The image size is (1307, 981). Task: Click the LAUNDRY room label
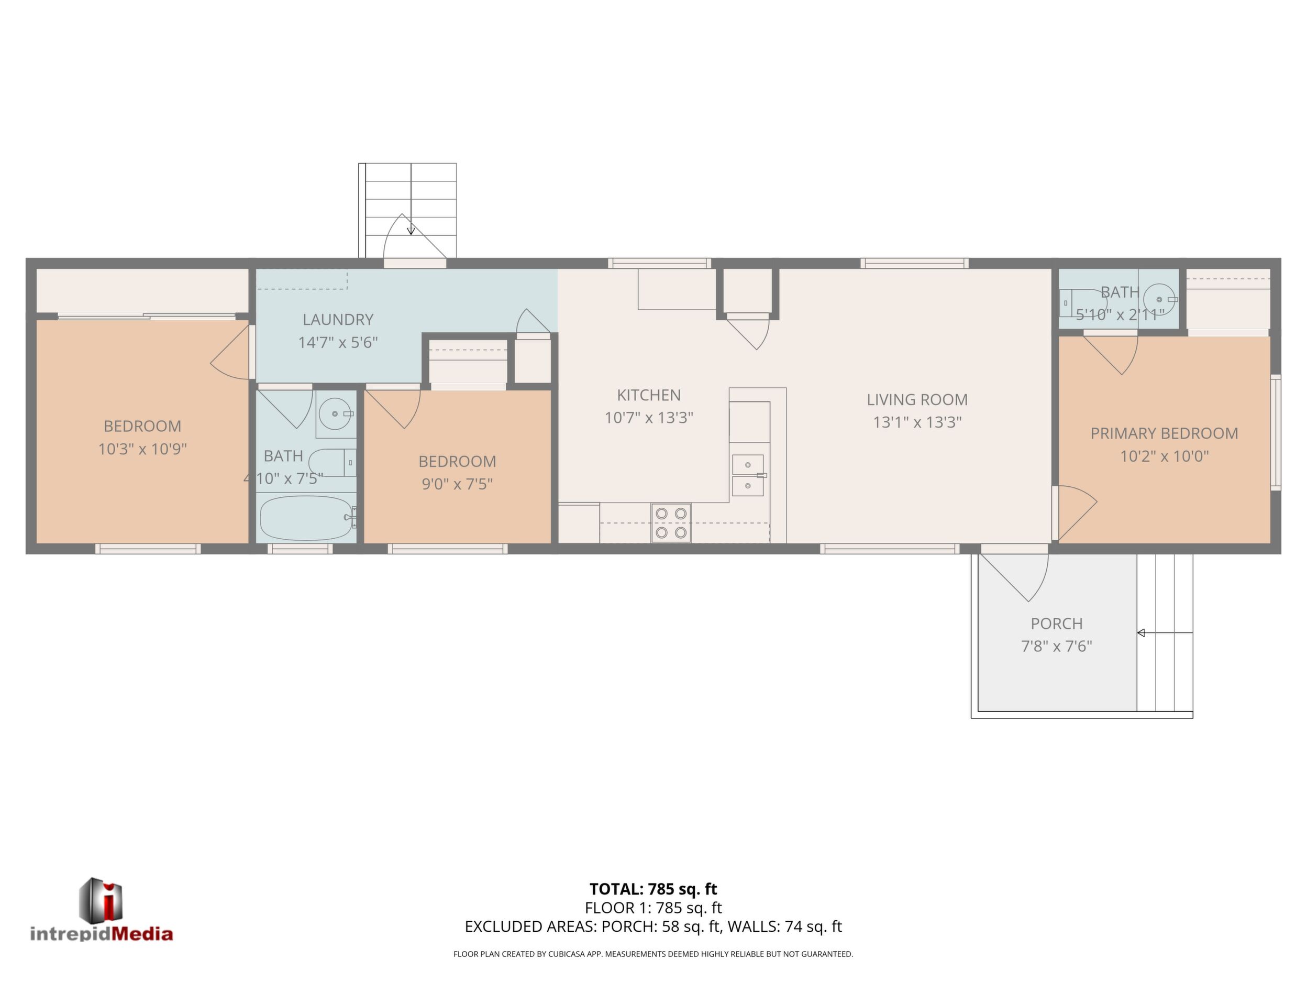(x=338, y=320)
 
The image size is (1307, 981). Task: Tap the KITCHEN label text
(x=649, y=395)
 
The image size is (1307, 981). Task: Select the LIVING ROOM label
(x=917, y=400)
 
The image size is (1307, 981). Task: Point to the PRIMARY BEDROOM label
(x=1164, y=433)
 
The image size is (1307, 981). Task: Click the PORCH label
(x=1057, y=623)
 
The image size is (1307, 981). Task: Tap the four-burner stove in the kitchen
(x=671, y=522)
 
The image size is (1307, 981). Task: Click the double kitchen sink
(x=748, y=475)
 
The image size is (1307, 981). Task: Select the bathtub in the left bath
(x=307, y=518)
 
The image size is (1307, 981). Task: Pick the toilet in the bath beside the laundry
(x=332, y=462)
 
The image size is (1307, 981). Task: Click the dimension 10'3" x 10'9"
(x=142, y=450)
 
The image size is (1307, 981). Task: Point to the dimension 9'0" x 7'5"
(x=457, y=484)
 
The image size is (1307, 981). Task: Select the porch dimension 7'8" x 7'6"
(x=1057, y=646)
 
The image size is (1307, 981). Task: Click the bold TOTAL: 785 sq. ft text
(x=653, y=889)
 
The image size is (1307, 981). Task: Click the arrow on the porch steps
(x=1165, y=633)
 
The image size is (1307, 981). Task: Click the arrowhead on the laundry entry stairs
(x=411, y=231)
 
